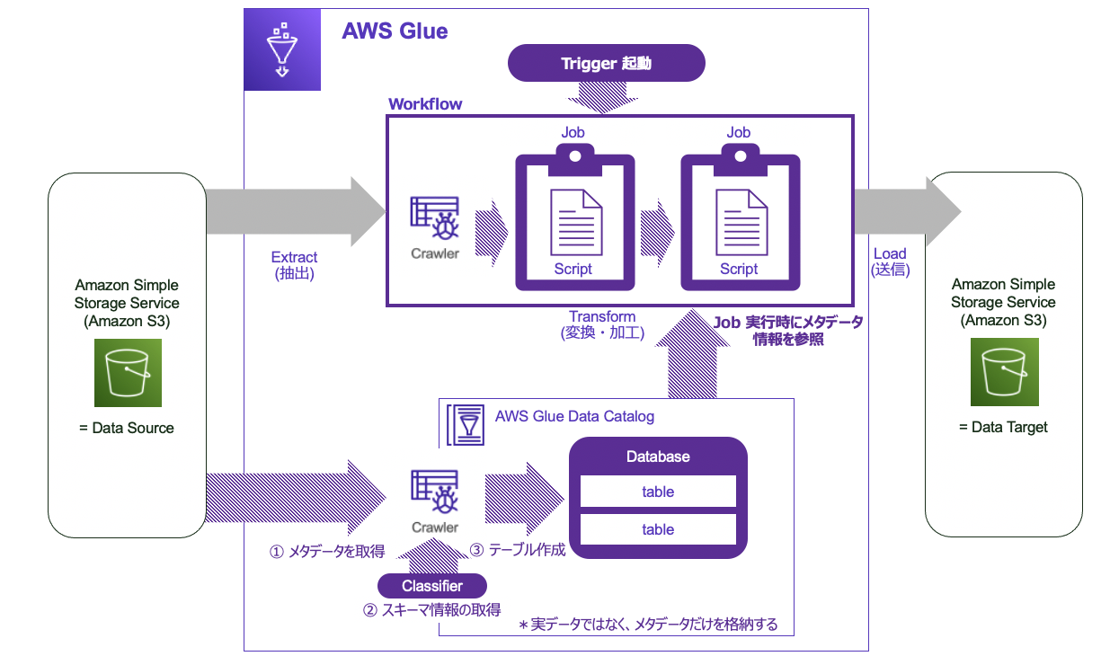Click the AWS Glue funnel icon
(282, 49)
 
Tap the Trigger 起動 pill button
(606, 64)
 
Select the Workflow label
(425, 104)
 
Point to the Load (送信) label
(890, 262)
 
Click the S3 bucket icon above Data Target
(1004, 372)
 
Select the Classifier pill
(432, 586)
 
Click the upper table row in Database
(658, 492)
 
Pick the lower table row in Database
(658, 529)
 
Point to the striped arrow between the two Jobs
(657, 234)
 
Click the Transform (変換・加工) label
(602, 325)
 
